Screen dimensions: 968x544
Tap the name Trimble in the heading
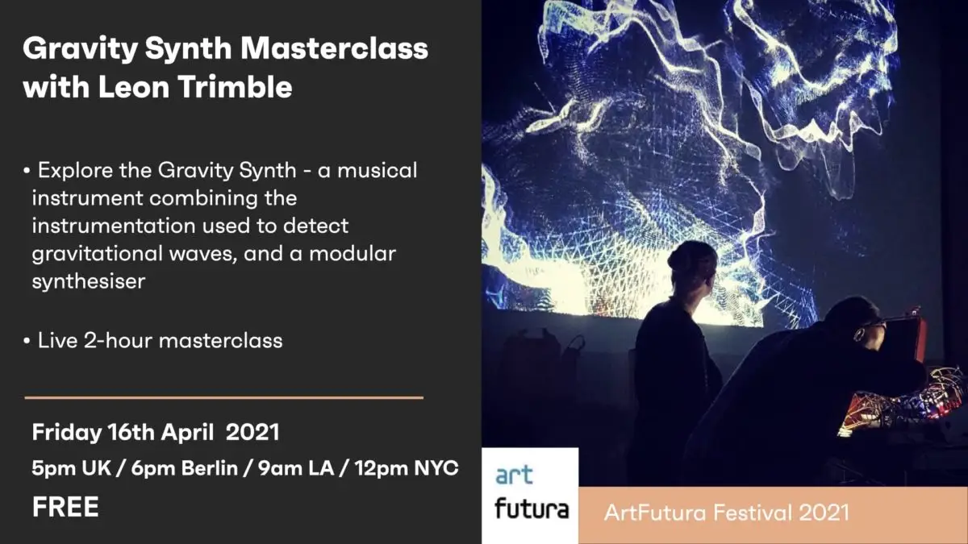[235, 86]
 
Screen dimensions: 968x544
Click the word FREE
[65, 506]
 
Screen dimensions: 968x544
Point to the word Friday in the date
[66, 433]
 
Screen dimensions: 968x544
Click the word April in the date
[187, 433]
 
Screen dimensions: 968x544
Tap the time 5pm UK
[71, 468]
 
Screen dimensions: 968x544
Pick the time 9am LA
[296, 468]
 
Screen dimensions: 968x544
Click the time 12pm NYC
[407, 468]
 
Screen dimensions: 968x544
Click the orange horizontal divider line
[224, 397]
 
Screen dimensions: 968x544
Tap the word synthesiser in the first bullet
[89, 281]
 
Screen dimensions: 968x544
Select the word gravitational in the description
[97, 254]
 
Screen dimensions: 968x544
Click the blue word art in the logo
[514, 475]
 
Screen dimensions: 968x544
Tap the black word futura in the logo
[532, 509]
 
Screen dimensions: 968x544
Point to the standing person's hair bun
[677, 258]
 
